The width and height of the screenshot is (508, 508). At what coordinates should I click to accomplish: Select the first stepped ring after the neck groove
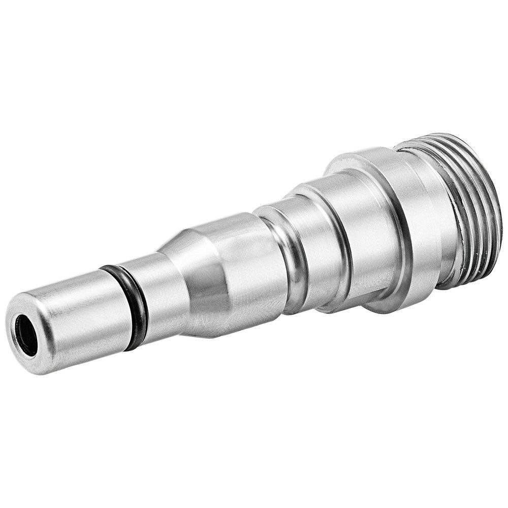click(x=315, y=239)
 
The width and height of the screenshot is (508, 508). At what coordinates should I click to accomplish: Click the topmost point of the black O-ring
click(x=109, y=267)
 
